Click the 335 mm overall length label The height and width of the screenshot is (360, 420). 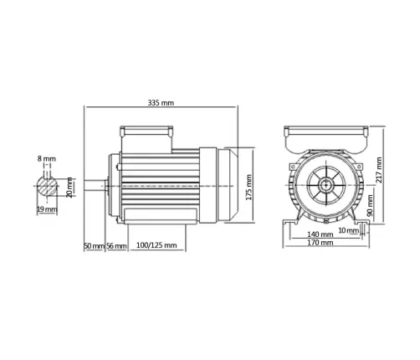point(160,102)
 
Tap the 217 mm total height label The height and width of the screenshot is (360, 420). point(379,170)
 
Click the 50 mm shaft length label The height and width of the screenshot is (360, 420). point(94,246)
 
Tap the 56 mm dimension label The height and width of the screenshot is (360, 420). point(116,246)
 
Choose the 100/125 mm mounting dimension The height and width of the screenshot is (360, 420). point(156,246)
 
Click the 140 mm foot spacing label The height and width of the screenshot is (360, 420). point(322,235)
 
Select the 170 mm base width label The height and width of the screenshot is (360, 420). point(322,244)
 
